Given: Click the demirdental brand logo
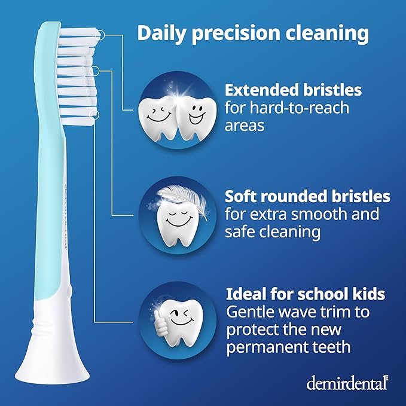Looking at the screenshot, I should (x=347, y=382).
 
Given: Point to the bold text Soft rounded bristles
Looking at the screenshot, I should (x=307, y=196).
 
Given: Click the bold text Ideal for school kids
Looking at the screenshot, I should (x=305, y=294).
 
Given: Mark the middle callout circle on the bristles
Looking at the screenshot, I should (x=93, y=71).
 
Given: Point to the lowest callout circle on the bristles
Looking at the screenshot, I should (x=93, y=113).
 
